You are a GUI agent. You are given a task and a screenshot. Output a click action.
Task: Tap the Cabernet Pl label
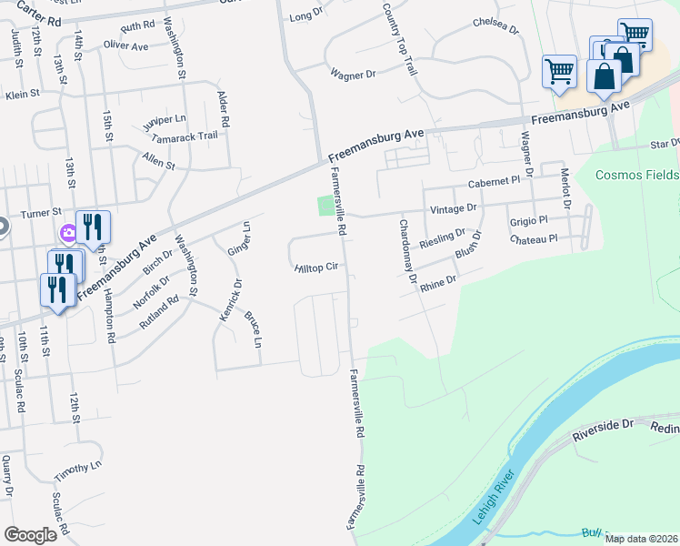coord(494,183)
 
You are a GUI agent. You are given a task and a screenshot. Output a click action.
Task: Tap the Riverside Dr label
coord(602,429)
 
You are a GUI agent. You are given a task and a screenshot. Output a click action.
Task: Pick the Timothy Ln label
coord(78,470)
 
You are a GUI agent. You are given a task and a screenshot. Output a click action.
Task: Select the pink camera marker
coord(68,234)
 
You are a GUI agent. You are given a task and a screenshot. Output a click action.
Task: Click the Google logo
coord(30,535)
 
